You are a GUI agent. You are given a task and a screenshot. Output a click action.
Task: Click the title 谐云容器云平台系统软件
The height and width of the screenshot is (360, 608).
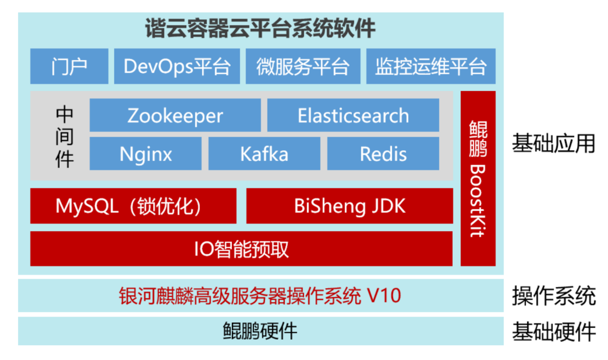pos(260,28)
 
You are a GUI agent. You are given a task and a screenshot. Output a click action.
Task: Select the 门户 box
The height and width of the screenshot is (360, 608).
pos(69,66)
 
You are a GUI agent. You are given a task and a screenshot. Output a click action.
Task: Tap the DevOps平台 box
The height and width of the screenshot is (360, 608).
pos(177,66)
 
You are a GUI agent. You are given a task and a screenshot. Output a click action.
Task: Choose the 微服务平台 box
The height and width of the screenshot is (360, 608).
pos(302,66)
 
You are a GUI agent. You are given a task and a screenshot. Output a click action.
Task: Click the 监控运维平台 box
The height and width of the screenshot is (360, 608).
pos(431,66)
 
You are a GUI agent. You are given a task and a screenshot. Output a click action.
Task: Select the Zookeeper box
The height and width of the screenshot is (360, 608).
pos(175,115)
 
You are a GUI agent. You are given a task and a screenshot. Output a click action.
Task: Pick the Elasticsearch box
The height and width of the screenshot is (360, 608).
pos(353,115)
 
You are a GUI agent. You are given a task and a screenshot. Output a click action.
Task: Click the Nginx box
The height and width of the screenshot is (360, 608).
pos(145,154)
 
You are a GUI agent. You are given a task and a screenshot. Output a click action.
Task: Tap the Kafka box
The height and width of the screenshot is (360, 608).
pos(264,154)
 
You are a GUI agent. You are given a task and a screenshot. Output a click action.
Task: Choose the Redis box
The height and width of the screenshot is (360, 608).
pos(383,154)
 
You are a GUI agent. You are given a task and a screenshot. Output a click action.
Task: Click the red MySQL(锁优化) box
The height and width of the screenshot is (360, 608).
pos(133,206)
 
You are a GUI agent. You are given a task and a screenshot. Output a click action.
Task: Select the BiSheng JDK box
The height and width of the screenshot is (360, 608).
pos(349,206)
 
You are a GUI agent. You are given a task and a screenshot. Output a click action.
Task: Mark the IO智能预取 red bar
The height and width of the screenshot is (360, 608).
pos(241,248)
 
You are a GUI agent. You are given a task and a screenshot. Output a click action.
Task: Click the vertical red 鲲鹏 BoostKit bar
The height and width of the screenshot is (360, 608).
pos(478,178)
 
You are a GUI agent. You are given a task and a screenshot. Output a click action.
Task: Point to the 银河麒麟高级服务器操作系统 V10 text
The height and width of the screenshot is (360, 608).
pos(260,295)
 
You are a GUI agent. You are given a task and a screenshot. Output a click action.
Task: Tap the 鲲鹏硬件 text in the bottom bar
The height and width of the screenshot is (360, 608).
pos(260,331)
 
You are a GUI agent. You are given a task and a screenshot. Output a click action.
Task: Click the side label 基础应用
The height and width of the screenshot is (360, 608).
pos(553,143)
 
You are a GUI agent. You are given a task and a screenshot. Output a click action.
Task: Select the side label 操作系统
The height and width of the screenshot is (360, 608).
pos(553,295)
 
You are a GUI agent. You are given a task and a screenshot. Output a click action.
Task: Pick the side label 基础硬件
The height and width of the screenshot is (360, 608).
pos(553,331)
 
